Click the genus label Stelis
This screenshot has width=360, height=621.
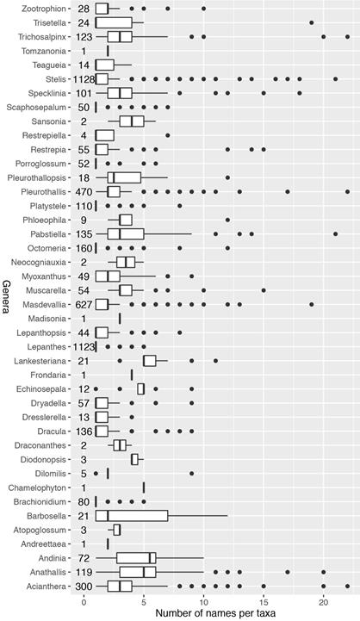[x=56, y=79]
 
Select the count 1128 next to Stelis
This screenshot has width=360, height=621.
[x=84, y=79]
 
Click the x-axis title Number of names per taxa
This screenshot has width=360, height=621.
[x=215, y=613]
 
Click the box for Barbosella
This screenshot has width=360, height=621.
[x=132, y=516]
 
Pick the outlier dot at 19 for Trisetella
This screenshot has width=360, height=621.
[x=311, y=23]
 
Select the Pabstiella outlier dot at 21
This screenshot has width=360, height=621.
[x=335, y=234]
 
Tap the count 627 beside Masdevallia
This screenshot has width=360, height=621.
[x=84, y=305]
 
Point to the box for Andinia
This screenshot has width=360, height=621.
[x=137, y=558]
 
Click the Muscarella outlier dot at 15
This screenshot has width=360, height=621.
[x=264, y=290]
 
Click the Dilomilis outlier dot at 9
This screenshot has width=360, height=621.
[x=192, y=474]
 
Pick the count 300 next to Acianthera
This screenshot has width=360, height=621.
[x=84, y=587]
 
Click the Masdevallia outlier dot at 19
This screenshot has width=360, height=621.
[x=311, y=305]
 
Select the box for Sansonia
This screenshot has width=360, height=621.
[x=132, y=121]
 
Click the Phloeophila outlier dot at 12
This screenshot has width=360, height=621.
[x=227, y=220]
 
